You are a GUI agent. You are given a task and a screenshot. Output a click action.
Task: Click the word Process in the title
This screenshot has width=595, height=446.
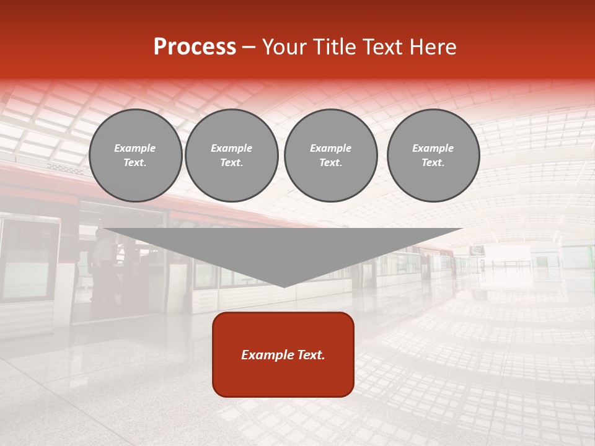[x=195, y=47]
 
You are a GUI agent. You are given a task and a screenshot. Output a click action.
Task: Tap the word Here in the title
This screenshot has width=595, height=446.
[x=432, y=47]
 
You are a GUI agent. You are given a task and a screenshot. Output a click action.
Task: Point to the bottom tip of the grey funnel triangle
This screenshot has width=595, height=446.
[x=284, y=286]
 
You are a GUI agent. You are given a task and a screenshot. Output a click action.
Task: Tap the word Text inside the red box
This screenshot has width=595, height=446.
[x=310, y=355]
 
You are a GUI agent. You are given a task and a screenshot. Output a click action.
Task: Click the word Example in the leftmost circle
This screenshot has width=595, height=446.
[x=135, y=148]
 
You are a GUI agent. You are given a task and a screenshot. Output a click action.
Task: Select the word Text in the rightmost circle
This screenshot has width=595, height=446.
[x=433, y=163]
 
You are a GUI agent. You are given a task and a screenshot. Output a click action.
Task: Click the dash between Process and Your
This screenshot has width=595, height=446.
[x=249, y=47]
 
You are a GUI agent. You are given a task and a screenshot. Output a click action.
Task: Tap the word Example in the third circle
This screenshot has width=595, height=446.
[x=331, y=148]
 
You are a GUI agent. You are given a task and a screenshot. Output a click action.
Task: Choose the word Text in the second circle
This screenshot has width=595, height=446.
[x=232, y=163]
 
